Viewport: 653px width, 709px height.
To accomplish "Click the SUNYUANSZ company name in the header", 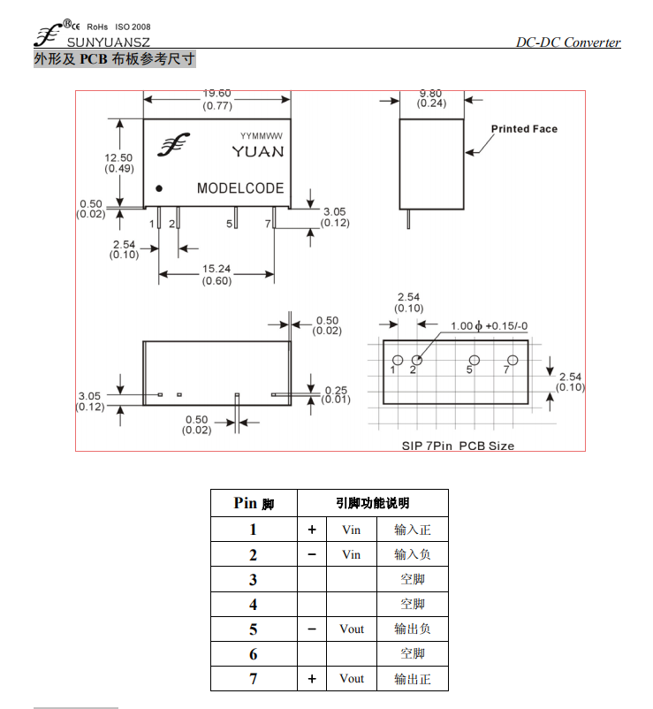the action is (109, 42).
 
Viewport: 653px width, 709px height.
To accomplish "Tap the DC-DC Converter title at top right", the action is (568, 42).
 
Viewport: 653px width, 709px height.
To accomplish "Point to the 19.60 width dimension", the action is (216, 94).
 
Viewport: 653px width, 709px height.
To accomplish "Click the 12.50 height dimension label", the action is (118, 158).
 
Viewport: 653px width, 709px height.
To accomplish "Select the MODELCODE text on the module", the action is (240, 188).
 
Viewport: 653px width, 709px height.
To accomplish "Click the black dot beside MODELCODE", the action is (159, 188).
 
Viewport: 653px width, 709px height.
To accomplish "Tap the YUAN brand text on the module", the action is (258, 151).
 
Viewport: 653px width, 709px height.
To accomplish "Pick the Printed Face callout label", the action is (524, 129).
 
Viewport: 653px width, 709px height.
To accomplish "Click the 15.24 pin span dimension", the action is (216, 269).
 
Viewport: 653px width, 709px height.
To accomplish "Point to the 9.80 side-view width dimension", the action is (430, 93).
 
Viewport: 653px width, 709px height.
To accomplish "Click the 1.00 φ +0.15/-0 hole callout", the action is (489, 326).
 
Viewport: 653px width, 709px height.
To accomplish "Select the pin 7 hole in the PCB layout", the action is (513, 360).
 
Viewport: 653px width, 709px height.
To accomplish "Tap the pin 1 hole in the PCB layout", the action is (398, 360).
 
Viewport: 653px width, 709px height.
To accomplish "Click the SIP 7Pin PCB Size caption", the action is (458, 446).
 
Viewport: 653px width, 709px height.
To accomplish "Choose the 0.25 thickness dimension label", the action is (336, 390).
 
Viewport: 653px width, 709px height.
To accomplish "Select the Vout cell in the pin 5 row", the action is (352, 629).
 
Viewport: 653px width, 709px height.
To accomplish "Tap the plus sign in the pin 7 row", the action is (312, 679).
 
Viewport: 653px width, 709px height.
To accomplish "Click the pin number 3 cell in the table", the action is (253, 579).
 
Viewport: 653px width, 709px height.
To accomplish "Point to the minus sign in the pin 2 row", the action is (312, 554).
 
